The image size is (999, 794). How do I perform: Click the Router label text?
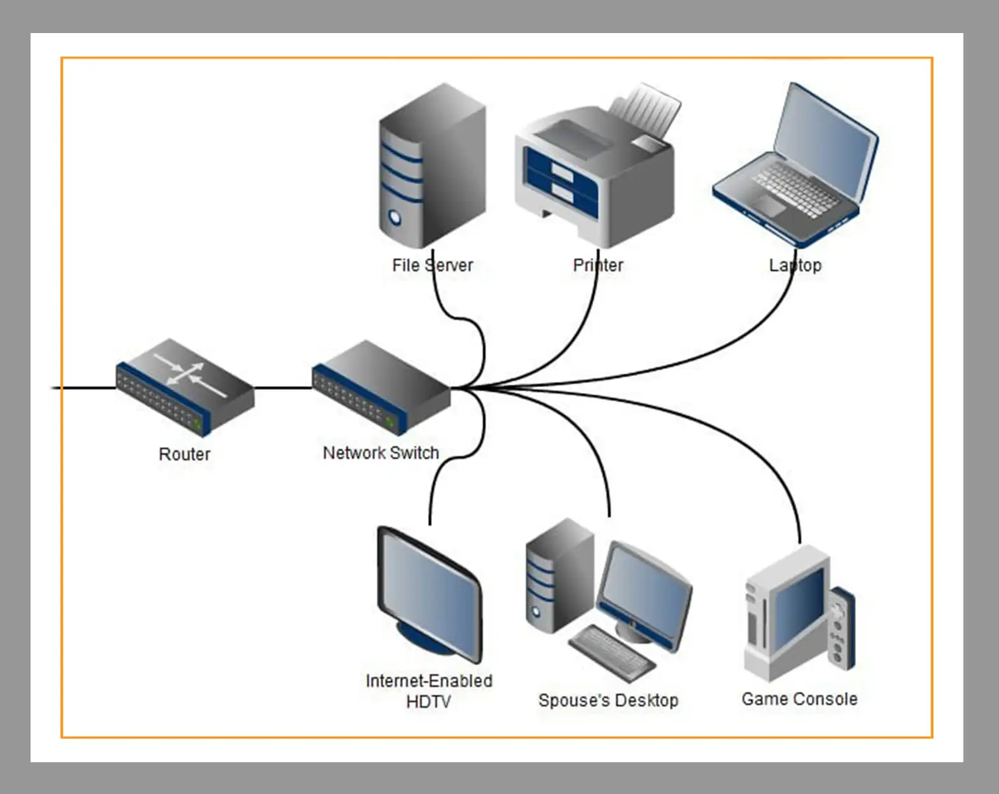(185, 454)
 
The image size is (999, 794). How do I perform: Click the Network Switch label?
(381, 453)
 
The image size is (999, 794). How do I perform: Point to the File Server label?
(433, 265)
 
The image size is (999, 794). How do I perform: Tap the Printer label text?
(598, 265)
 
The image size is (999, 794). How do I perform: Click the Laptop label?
(795, 265)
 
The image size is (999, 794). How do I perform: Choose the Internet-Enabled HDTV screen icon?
(430, 595)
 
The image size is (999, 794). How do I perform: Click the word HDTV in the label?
(428, 702)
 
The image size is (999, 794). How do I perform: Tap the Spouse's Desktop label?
(608, 700)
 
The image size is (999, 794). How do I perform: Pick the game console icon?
(799, 614)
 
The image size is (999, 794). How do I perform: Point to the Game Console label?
(799, 699)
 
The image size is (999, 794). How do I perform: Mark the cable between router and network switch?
(283, 387)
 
